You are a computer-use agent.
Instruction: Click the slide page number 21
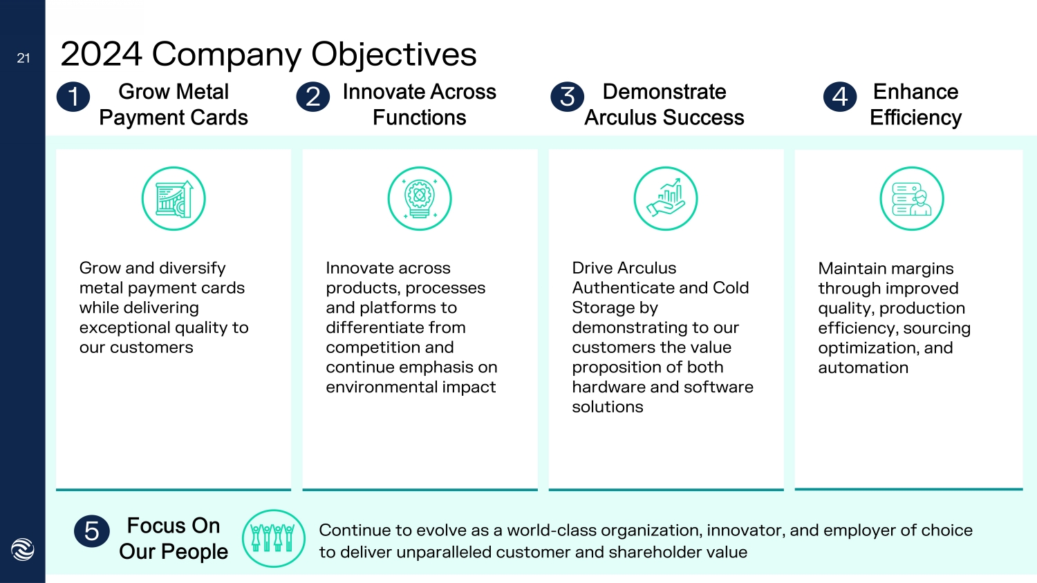pyautogui.click(x=24, y=59)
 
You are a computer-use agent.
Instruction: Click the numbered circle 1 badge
pyautogui.click(x=73, y=97)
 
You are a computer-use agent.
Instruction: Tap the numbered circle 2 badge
pyautogui.click(x=313, y=97)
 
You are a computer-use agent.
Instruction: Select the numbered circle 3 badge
pyautogui.click(x=568, y=97)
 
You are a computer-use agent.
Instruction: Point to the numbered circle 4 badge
pyautogui.click(x=840, y=97)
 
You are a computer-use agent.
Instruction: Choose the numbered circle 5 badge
pyautogui.click(x=92, y=531)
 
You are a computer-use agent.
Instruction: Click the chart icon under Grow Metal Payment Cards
pyautogui.click(x=174, y=199)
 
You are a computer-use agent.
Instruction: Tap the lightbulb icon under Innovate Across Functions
pyautogui.click(x=420, y=199)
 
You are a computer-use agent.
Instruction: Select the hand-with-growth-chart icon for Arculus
pyautogui.click(x=666, y=199)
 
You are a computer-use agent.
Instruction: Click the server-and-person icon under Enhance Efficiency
pyautogui.click(x=912, y=199)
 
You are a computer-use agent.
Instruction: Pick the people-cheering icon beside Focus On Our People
pyautogui.click(x=274, y=538)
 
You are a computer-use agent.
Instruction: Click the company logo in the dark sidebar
pyautogui.click(x=23, y=549)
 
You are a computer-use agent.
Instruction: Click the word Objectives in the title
pyautogui.click(x=394, y=55)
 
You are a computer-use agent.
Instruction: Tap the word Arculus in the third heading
pyautogui.click(x=619, y=118)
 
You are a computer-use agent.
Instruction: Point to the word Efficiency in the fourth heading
pyautogui.click(x=915, y=118)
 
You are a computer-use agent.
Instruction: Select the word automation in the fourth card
pyautogui.click(x=863, y=368)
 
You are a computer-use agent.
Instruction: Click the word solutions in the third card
pyautogui.click(x=607, y=408)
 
